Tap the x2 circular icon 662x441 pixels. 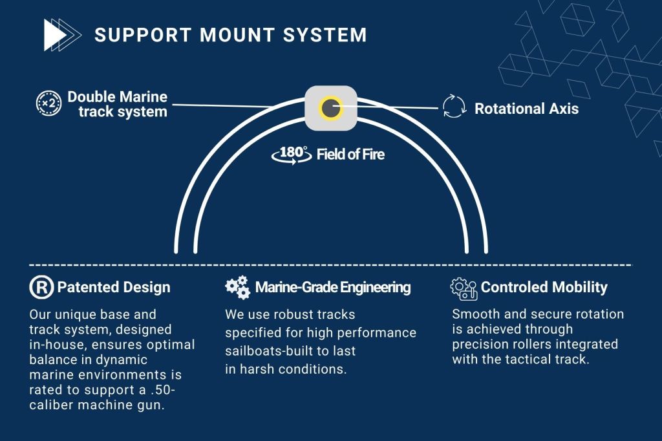[48, 104]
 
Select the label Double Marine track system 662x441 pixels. [117, 104]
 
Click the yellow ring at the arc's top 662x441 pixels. [331, 107]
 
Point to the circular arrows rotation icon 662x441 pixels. [454, 107]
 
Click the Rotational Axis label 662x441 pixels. [526, 109]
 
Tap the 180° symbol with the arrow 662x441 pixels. [293, 154]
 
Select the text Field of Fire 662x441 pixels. [350, 155]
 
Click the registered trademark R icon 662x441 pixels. [41, 288]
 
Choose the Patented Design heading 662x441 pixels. [114, 288]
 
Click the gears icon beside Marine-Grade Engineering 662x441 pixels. [237, 288]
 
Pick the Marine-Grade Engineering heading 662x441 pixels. [332, 288]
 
